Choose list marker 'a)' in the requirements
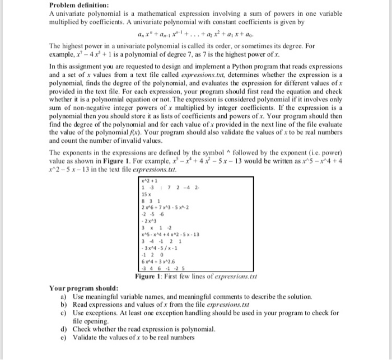[x=64, y=296]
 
